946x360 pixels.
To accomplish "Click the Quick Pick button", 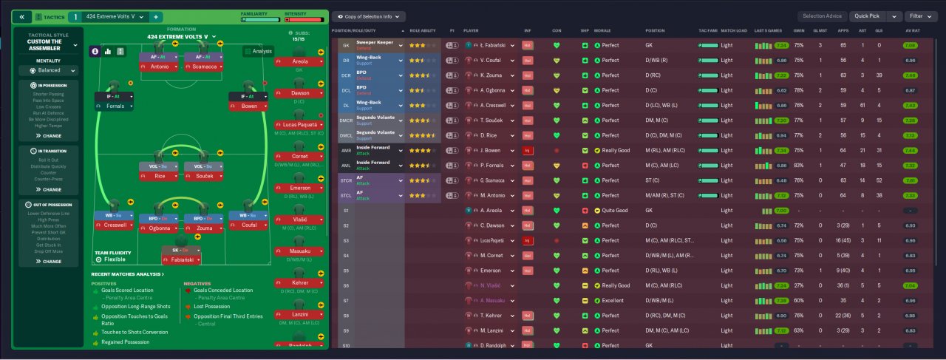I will click(867, 16).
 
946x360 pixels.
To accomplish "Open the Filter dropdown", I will click(924, 16).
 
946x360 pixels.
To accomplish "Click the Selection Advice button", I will click(821, 16).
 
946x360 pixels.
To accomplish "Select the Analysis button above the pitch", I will click(258, 51).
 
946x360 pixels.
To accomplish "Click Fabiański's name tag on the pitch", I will click(183, 260).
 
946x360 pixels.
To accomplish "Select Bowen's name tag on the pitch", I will click(250, 106).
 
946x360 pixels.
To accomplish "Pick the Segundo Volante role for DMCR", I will click(379, 120).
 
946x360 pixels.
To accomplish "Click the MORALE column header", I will click(602, 31).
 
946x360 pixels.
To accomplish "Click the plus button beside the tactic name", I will click(156, 16).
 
